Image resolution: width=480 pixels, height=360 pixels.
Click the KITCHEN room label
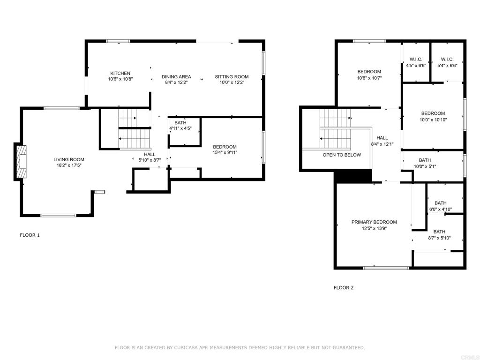pyautogui.click(x=120, y=74)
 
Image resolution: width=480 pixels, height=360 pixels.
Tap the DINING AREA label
pyautogui.click(x=176, y=77)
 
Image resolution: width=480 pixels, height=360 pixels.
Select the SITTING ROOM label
pyautogui.click(x=232, y=77)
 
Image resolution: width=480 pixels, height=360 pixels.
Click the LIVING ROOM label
pyautogui.click(x=69, y=159)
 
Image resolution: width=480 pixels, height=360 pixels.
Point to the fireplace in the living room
pyautogui.click(x=20, y=161)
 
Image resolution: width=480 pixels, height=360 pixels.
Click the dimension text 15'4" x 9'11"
pyautogui.click(x=225, y=152)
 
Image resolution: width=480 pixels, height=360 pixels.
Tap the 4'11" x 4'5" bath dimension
pyautogui.click(x=180, y=128)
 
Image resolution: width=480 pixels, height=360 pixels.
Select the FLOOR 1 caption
pyautogui.click(x=30, y=235)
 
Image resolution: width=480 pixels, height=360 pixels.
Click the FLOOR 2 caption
pyautogui.click(x=344, y=288)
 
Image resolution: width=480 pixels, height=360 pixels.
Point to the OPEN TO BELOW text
pyautogui.click(x=342, y=155)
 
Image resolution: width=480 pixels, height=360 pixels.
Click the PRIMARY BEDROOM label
pyautogui.click(x=374, y=222)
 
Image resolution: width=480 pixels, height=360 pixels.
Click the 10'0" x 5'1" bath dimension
pyautogui.click(x=425, y=166)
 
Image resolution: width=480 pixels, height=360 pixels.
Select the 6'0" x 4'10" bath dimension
pyautogui.click(x=441, y=210)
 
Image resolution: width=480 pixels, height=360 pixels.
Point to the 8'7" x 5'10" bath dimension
pyautogui.click(x=439, y=238)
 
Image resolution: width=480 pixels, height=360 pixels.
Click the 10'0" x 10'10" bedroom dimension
pyautogui.click(x=433, y=120)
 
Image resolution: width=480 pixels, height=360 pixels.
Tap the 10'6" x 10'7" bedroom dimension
pyautogui.click(x=369, y=78)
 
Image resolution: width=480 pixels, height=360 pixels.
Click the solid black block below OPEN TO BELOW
pyautogui.click(x=352, y=176)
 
